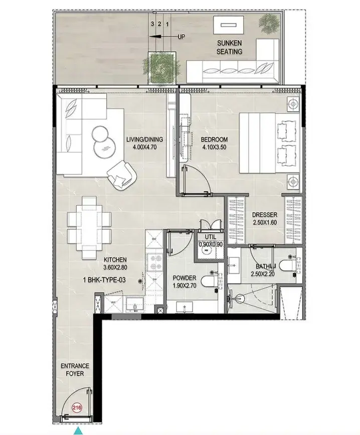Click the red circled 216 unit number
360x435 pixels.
(x=77, y=407)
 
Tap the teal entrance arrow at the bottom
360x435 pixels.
(x=79, y=431)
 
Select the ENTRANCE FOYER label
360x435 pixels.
(x=75, y=370)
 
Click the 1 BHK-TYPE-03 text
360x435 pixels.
(x=104, y=280)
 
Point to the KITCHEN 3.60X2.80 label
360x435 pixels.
(x=115, y=263)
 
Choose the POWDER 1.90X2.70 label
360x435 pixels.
(x=185, y=281)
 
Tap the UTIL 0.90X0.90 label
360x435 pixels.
(x=211, y=240)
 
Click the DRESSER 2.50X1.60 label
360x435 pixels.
(x=264, y=218)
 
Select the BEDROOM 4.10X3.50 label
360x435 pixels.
(x=214, y=143)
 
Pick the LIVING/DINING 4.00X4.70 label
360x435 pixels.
(x=145, y=143)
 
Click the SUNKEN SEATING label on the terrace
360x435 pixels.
(x=230, y=47)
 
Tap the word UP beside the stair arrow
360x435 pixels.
(x=181, y=36)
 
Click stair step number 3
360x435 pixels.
(x=152, y=24)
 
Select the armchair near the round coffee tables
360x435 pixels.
(x=122, y=175)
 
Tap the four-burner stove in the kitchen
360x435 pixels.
(x=155, y=262)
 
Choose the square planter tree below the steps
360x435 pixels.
(x=162, y=67)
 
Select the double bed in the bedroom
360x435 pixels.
(x=269, y=143)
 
